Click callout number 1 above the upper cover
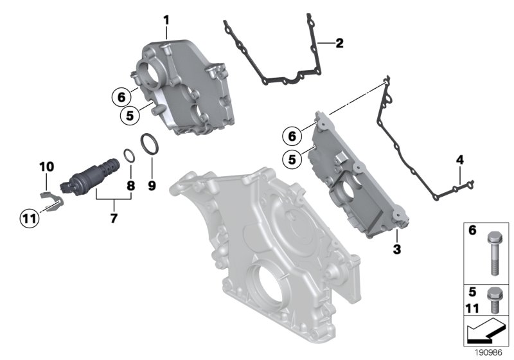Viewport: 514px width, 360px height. click(166, 20)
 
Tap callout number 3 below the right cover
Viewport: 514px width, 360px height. click(396, 249)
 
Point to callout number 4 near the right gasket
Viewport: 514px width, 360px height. click(459, 159)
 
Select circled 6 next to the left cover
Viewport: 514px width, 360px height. click(119, 98)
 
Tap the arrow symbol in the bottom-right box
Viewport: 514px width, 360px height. click(486, 332)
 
